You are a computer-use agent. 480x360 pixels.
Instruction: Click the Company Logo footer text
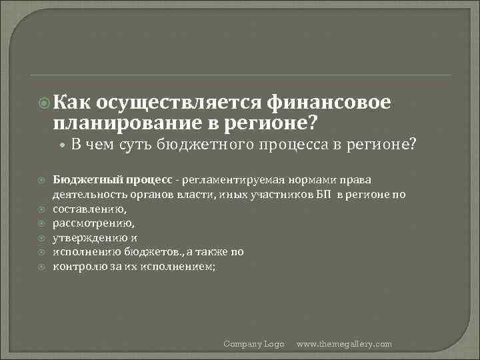point(253,344)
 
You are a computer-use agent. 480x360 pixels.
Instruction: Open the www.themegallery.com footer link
point(344,344)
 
